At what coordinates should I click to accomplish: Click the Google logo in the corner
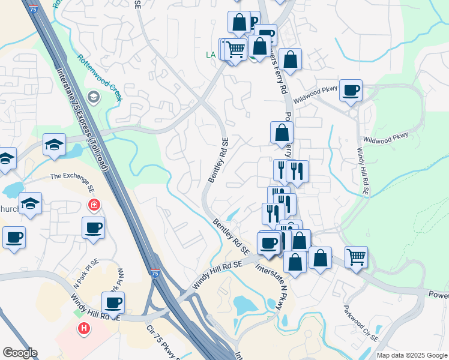[20, 353]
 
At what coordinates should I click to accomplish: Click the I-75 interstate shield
[155, 274]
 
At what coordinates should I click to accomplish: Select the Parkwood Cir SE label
[361, 323]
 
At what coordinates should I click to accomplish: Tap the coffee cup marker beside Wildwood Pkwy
[351, 91]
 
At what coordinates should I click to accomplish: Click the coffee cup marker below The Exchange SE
[94, 228]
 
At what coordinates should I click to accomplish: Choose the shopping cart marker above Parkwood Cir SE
[356, 257]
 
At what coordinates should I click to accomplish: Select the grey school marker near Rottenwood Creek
[93, 97]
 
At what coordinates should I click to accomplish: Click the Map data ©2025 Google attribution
[412, 355]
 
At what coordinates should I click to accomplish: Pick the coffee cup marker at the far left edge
[13, 237]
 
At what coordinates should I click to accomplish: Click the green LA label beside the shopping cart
[211, 55]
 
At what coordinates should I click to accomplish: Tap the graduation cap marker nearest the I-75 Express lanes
[54, 144]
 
